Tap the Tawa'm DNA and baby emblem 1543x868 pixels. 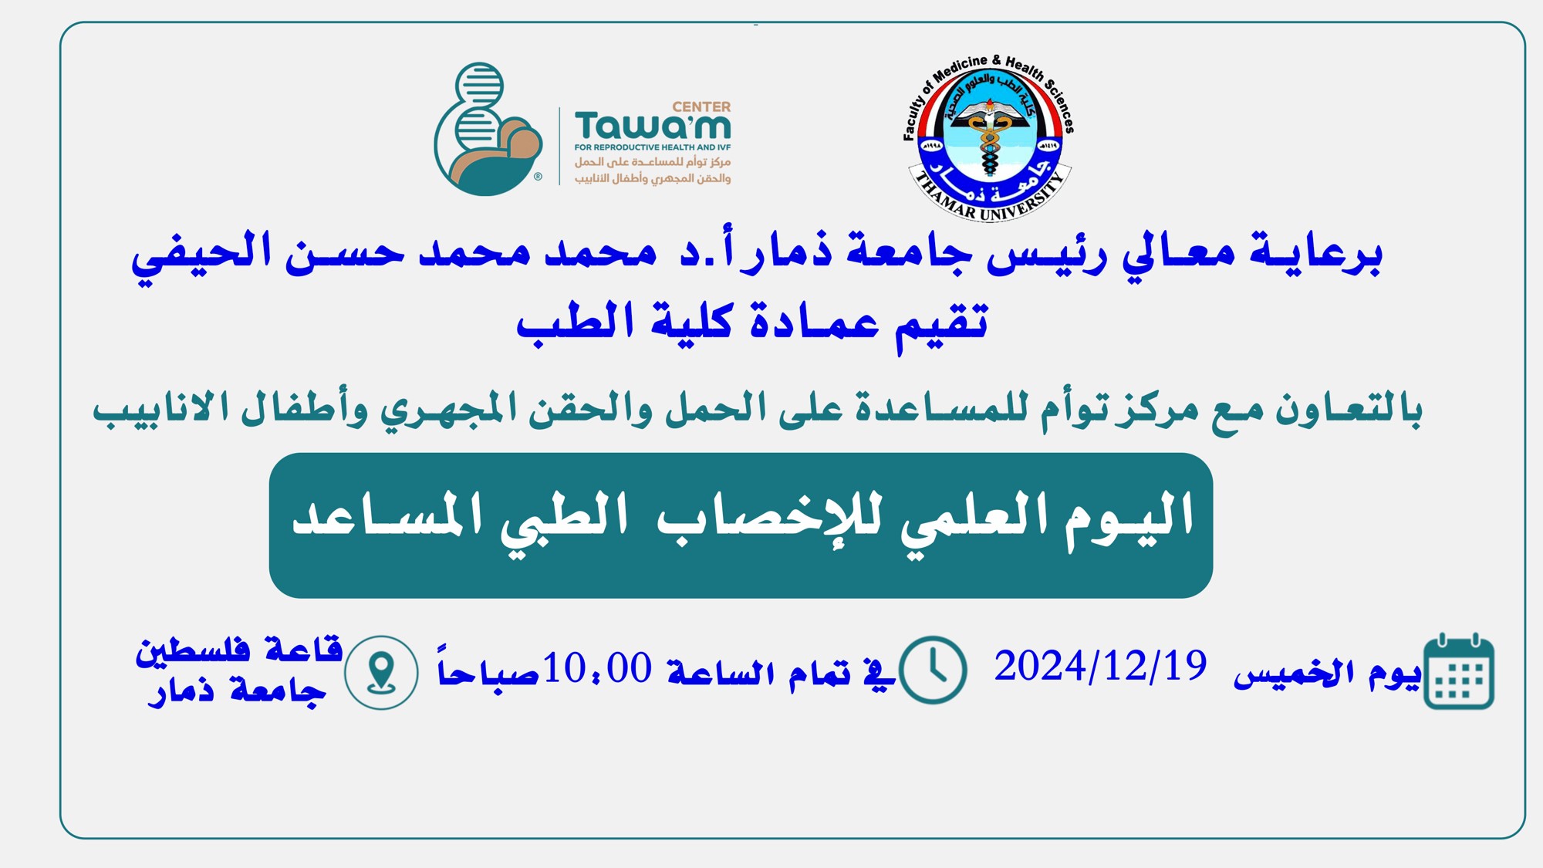pos(488,129)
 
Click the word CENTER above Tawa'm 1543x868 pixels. pos(701,107)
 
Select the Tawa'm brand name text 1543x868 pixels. pos(653,127)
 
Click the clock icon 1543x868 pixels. pos(934,670)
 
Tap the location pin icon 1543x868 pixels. pos(381,673)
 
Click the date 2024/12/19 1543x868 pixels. pos(1100,667)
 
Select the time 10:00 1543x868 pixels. pos(598,668)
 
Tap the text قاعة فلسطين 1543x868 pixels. pos(239,650)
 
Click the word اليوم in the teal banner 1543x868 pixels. pos(1129,518)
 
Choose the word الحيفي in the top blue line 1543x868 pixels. pos(201,253)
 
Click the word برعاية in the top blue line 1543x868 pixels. pos(1315,253)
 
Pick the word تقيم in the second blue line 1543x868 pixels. pos(941,323)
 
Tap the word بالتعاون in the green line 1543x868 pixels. pos(1348,409)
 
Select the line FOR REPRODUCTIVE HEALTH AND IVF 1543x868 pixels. pos(653,147)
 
